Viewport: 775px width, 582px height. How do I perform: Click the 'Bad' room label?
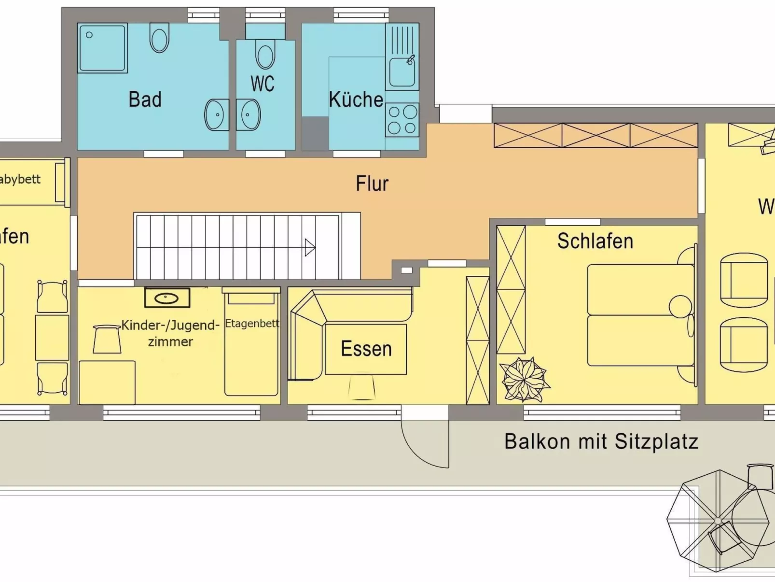tap(145, 99)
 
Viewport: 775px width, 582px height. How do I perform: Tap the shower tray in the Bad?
tap(102, 48)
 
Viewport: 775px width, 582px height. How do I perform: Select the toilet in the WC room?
tap(265, 55)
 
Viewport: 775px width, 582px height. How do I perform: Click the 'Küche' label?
tap(356, 99)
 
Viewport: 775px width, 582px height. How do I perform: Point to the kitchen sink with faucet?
tap(402, 72)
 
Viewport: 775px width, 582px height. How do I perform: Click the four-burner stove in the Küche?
tap(402, 120)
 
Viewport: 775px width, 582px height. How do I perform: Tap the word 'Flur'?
tap(372, 184)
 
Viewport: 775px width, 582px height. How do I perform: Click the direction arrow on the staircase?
tap(310, 247)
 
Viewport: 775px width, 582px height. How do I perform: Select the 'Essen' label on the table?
tap(366, 349)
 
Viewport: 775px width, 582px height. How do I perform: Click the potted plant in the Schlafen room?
tap(524, 380)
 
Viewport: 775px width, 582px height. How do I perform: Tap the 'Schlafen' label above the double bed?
tap(595, 241)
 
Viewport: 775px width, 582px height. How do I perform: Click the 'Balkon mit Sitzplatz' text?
tap(601, 441)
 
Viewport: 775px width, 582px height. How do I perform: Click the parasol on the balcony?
tap(718, 521)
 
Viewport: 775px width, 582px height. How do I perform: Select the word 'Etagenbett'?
tap(252, 323)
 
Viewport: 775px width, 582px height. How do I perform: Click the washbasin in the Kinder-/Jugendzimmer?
tap(167, 298)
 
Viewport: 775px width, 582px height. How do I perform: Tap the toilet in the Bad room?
tap(159, 38)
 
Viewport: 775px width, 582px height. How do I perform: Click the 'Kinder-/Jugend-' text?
tap(170, 325)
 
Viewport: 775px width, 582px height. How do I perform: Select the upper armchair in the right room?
tap(744, 280)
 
